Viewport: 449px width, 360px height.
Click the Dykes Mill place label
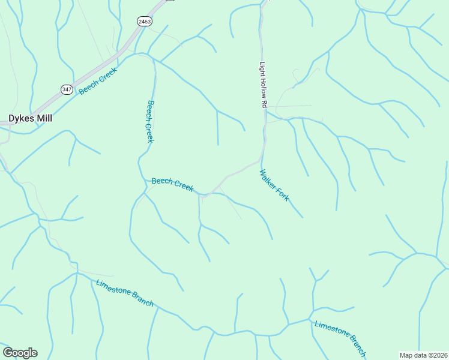coord(30,118)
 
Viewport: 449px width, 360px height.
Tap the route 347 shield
coord(66,89)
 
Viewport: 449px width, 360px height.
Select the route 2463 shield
coord(144,21)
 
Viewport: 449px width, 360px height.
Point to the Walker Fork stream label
coord(274,185)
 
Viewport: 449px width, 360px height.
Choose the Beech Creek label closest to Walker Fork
coord(172,184)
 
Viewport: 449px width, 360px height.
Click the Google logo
coord(20,353)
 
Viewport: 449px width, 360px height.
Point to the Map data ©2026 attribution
coord(423,355)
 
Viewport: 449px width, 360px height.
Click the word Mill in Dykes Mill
coord(44,118)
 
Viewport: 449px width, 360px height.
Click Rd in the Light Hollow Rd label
coord(264,103)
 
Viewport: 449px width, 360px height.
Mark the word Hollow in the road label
coord(263,88)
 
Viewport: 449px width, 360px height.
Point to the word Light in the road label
coord(262,68)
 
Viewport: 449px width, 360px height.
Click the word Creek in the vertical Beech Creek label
coord(149,133)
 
